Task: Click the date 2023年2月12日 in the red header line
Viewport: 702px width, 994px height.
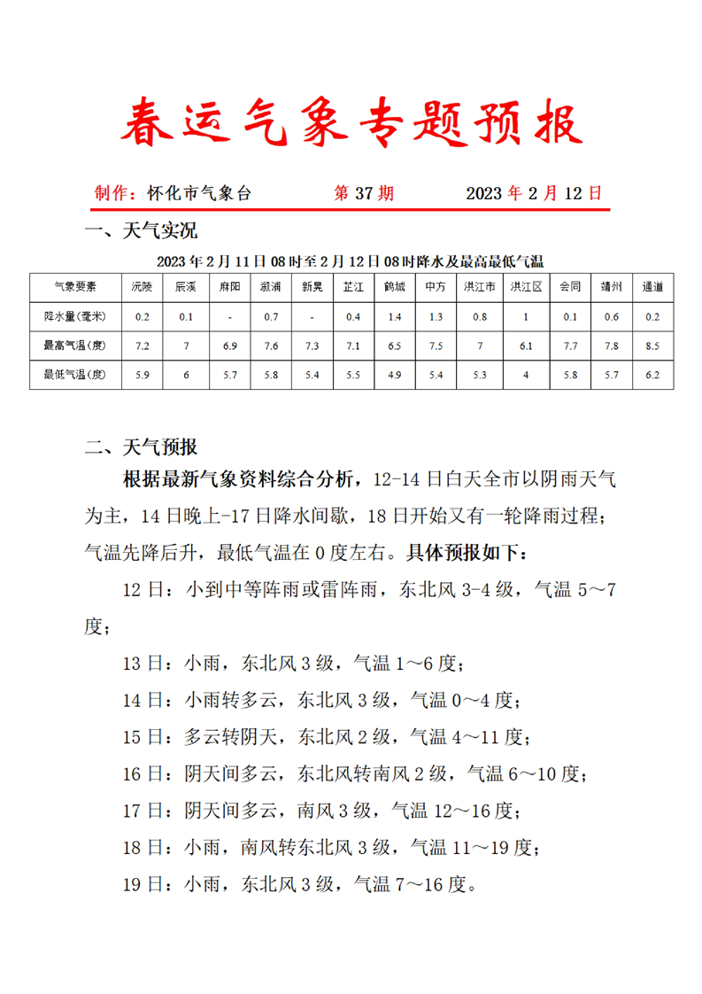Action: coord(533,193)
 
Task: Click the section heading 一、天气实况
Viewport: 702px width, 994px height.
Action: coord(142,231)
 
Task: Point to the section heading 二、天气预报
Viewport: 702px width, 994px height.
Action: coord(142,447)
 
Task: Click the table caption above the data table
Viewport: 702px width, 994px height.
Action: coord(350,261)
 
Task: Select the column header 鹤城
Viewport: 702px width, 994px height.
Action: coord(395,287)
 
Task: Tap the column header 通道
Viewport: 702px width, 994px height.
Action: coord(652,287)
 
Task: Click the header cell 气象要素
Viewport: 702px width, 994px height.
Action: coord(75,287)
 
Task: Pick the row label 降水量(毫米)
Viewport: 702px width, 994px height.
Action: coord(75,316)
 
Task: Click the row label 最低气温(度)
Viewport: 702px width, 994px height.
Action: coord(75,375)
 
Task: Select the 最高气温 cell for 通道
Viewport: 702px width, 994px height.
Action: coord(652,346)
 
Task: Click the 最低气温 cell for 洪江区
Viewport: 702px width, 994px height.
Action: coord(525,375)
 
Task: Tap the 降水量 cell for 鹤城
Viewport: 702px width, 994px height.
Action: coord(395,316)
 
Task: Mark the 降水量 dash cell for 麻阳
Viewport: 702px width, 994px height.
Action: coord(230,316)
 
